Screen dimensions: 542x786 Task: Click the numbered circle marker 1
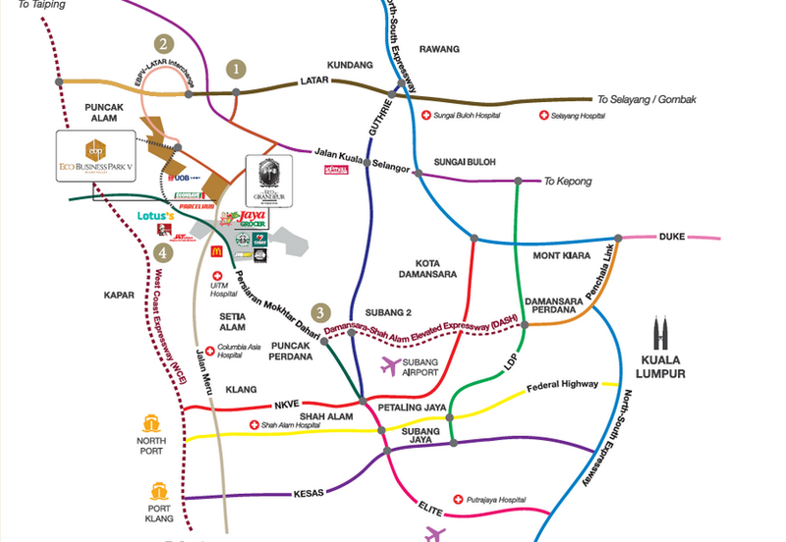(x=235, y=70)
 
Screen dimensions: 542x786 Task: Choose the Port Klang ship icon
(x=159, y=489)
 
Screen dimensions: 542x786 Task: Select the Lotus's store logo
(x=155, y=215)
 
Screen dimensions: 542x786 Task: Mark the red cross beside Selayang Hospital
(x=544, y=116)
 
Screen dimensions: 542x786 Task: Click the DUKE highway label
(x=672, y=236)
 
